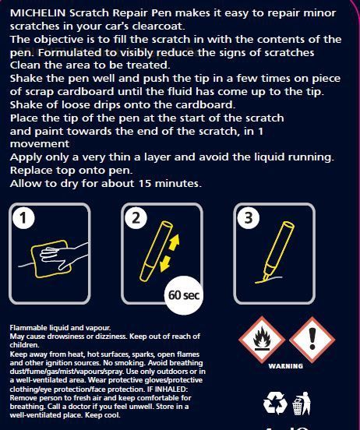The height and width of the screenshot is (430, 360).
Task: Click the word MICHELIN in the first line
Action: click(37, 13)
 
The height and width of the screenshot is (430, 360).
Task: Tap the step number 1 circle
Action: click(23, 218)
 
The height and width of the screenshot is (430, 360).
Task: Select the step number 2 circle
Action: click(136, 218)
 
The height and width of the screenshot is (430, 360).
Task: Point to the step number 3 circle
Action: click(248, 218)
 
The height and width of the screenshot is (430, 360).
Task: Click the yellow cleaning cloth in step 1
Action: click(51, 259)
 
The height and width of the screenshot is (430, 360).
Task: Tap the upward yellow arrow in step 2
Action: click(175, 242)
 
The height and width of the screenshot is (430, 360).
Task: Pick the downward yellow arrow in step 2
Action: click(165, 264)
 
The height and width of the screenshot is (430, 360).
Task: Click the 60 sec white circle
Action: click(184, 295)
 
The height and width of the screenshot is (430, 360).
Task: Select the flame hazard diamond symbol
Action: click(262, 339)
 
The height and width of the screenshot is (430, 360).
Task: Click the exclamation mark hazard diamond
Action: click(312, 339)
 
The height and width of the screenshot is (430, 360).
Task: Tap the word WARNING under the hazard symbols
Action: click(286, 366)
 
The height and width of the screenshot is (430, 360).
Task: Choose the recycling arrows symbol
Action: click(275, 404)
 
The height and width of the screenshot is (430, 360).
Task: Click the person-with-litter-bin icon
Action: click(302, 404)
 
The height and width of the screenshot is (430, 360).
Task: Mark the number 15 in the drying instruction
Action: click(145, 184)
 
